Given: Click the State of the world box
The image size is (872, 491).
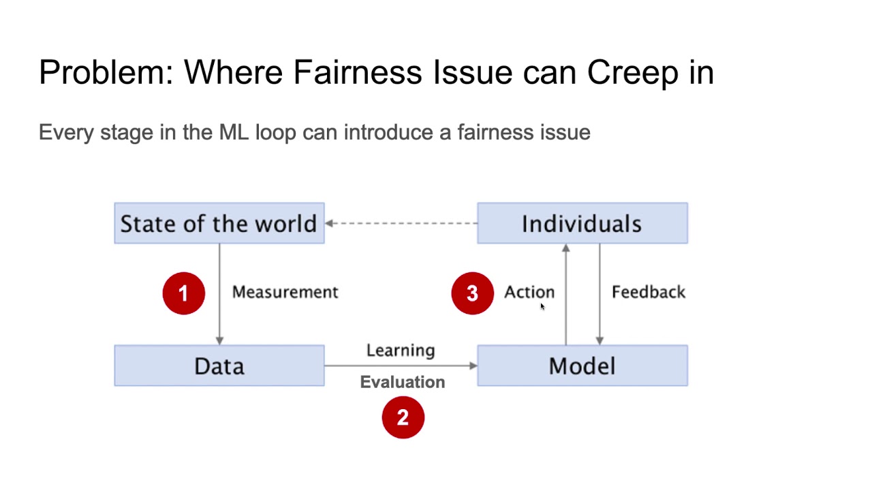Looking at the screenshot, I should pos(219,223).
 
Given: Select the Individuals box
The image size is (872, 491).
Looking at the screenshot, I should pos(582,223).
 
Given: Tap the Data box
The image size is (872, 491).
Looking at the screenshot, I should pos(219,366).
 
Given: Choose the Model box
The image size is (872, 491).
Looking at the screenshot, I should pos(582,366).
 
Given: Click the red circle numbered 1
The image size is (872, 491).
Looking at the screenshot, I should pos(183,293).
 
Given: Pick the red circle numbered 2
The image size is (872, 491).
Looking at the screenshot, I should pos(403,417).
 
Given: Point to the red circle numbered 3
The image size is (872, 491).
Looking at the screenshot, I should pos(472,293).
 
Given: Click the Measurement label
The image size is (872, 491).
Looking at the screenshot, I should pos(285,292).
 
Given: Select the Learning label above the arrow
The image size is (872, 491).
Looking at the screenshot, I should pos(401,350).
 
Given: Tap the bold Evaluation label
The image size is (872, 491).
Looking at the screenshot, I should pos(402,382).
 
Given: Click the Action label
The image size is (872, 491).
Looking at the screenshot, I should pos(529,292).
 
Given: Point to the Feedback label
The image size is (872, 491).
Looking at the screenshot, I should pos(649,292).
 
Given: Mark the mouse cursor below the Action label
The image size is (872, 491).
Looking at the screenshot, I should pos(542,307).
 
